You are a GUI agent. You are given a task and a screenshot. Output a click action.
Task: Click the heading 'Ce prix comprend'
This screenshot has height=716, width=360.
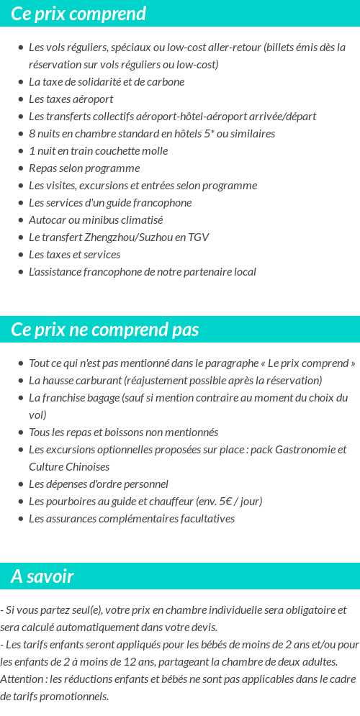[78, 14]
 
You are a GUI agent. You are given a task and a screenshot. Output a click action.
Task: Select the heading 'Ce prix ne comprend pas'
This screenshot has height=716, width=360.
[105, 330]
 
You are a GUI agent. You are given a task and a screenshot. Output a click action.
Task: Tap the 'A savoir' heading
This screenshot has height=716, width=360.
[42, 576]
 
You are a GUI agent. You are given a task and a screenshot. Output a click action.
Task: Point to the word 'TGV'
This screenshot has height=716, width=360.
[198, 237]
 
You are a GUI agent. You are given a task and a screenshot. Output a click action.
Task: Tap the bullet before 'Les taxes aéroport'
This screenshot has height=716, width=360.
[20, 99]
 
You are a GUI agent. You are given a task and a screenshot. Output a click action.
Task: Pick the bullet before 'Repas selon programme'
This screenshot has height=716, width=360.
[20, 168]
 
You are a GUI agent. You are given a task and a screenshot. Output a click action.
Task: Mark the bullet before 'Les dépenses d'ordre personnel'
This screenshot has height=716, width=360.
[20, 484]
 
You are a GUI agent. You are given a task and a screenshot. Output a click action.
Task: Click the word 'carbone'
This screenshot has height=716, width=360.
[166, 82]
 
